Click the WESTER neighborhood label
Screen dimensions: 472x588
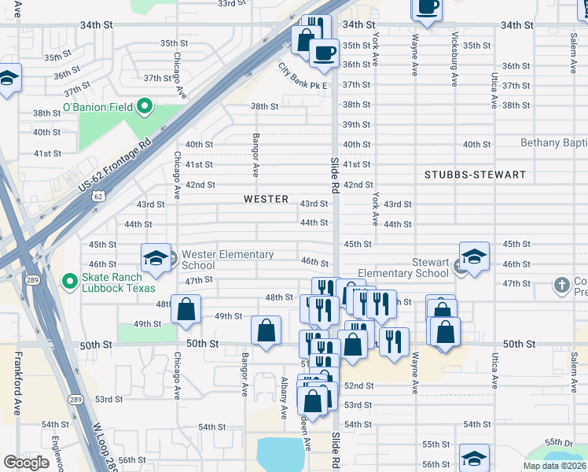(266, 199)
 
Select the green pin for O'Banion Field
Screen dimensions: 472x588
(144, 105)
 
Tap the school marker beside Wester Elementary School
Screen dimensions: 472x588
(156, 256)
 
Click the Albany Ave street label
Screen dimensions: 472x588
(284, 397)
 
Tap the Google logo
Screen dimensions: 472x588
(26, 463)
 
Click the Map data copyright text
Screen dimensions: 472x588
(553, 466)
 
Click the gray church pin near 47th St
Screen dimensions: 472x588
(561, 284)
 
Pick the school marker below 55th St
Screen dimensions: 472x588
(474, 457)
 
